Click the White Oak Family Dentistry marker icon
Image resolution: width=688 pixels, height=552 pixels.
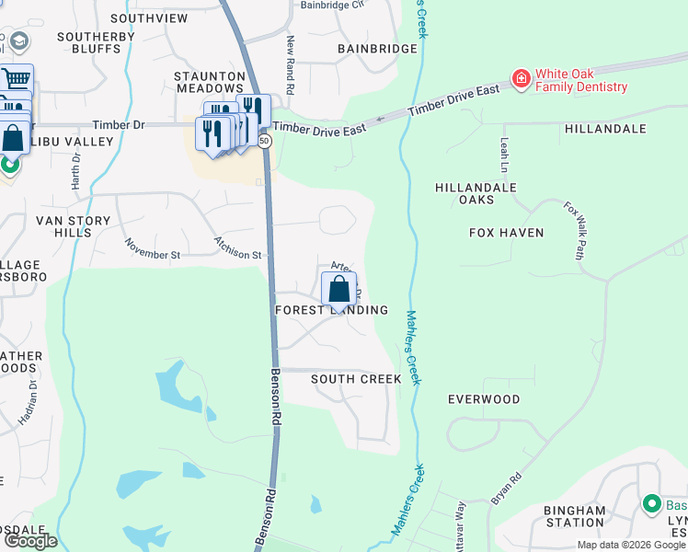pos(521,80)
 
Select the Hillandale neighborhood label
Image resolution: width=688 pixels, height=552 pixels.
pos(605,129)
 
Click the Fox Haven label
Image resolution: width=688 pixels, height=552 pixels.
pos(506,233)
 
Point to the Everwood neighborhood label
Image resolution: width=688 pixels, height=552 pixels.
pos(484,399)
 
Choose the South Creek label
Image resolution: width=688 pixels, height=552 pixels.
pos(356,379)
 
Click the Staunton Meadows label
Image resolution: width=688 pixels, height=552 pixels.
pos(210,82)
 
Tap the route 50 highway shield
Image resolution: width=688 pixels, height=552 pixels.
pos(265,141)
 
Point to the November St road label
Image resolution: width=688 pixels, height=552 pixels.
pos(153,248)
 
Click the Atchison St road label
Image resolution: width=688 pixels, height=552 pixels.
pos(238,247)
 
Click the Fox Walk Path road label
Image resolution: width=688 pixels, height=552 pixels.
pos(575,231)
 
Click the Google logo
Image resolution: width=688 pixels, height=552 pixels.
pos(29,541)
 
